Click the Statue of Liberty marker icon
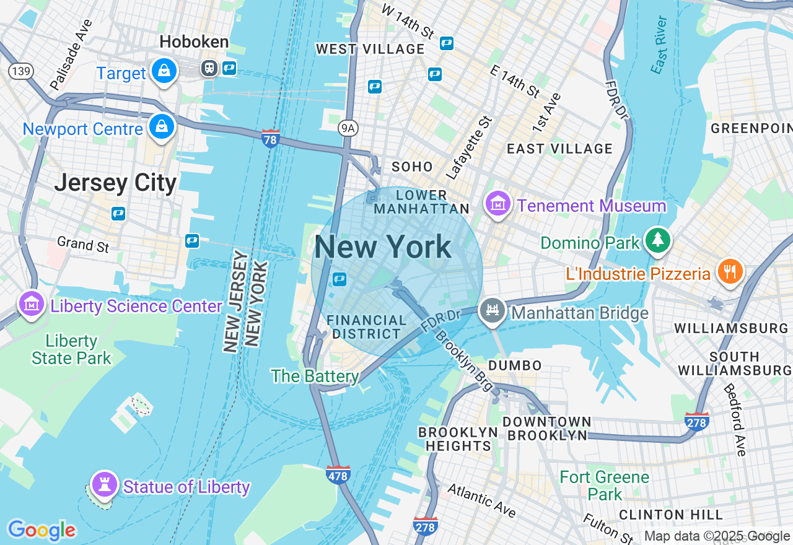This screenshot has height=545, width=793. click(104, 484)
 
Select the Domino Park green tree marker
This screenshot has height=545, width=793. click(657, 241)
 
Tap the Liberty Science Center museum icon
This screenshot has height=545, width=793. click(31, 305)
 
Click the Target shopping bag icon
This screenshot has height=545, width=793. click(164, 71)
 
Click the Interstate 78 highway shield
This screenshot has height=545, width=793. click(270, 137)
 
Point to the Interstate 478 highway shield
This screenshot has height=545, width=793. click(338, 474)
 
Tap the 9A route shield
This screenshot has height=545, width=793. click(349, 128)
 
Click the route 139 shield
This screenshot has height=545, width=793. click(20, 71)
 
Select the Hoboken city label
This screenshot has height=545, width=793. click(194, 42)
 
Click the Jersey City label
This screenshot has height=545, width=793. click(115, 183)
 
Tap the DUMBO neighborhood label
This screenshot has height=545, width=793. click(515, 365)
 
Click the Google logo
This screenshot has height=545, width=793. click(42, 530)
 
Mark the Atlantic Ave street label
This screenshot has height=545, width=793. click(481, 500)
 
